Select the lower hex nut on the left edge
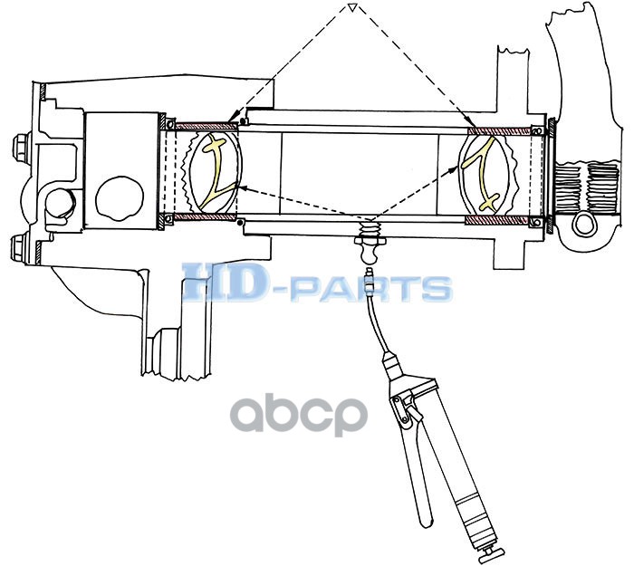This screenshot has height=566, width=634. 19,245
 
